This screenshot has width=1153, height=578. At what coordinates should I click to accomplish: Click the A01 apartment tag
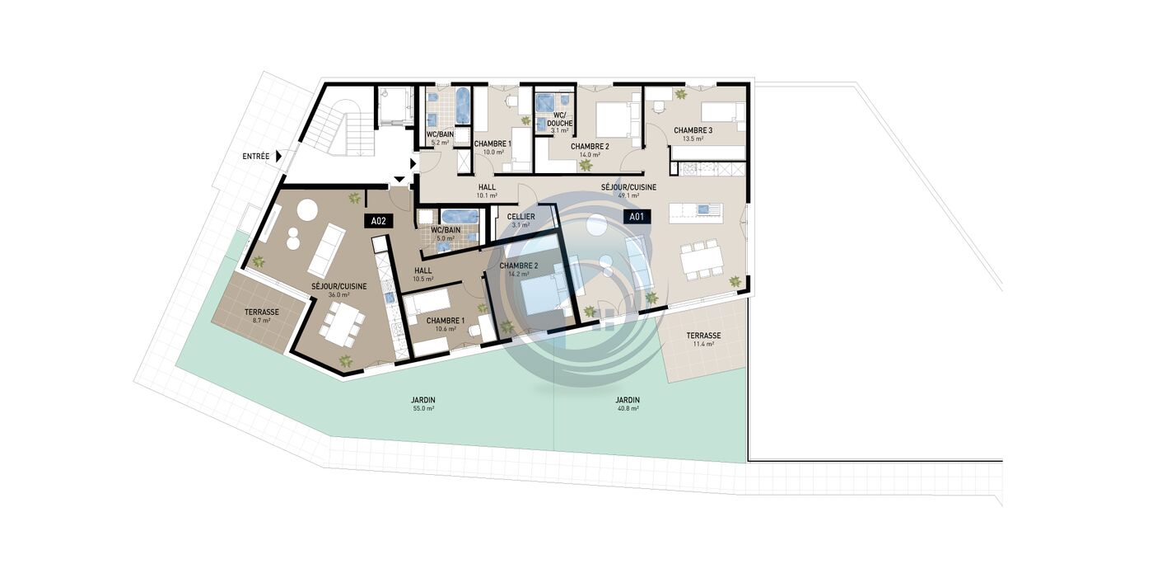point(637,216)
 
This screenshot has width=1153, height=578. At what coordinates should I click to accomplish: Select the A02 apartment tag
point(378,221)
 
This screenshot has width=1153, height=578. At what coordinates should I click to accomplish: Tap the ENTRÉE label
point(256,156)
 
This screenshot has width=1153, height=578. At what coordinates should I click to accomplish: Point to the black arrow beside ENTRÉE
point(278,156)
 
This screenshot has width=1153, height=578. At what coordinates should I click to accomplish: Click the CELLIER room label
point(520,217)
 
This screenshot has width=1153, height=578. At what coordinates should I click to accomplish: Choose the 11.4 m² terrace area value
point(703,344)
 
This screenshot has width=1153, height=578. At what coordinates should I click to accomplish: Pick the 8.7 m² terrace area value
point(262,321)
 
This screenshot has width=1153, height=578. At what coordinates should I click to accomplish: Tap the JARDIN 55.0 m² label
point(423,404)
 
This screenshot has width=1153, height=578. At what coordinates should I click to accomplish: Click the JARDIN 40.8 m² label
point(628,404)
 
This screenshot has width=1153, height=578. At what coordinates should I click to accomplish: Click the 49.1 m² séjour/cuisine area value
point(628,195)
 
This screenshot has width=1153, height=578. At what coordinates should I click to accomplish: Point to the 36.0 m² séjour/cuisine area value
point(338,295)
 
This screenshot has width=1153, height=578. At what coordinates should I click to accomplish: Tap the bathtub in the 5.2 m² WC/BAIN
point(463,105)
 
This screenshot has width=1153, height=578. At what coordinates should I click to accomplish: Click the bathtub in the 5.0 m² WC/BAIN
point(460,217)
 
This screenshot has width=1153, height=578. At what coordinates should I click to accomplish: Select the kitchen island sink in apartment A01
point(703,209)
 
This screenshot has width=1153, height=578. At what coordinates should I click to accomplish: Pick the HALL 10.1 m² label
point(487,191)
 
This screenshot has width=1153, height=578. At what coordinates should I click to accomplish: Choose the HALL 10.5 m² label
point(423,275)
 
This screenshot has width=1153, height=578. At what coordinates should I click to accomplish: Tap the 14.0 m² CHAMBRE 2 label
point(590,150)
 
